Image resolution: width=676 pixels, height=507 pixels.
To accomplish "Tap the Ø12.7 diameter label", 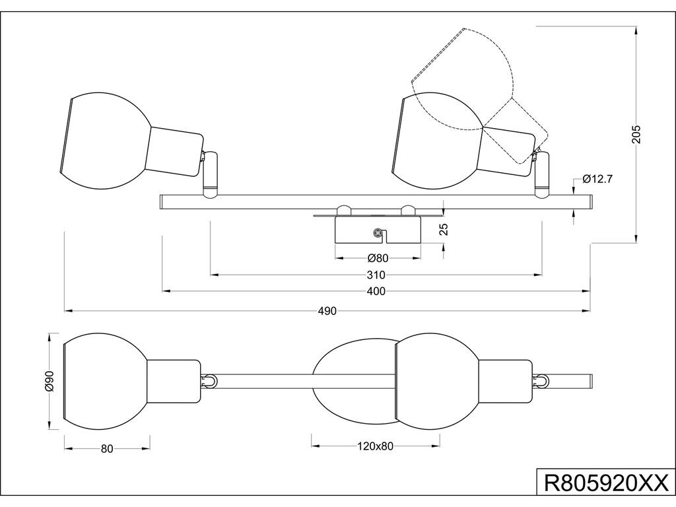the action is [597, 179].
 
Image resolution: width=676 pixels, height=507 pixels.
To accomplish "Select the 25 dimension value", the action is [445, 229].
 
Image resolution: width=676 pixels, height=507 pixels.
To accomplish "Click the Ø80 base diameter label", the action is [378, 258].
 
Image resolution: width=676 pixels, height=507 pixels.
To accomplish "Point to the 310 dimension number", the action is [376, 275].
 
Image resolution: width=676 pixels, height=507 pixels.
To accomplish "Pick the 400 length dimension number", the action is [376, 292].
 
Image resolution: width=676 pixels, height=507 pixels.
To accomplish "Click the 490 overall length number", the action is [327, 312].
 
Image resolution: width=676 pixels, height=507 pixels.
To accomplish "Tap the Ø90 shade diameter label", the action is [49, 381].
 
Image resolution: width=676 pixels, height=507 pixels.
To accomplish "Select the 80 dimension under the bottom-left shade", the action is [107, 449].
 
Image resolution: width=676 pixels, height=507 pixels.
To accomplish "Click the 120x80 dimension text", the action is [376, 446].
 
